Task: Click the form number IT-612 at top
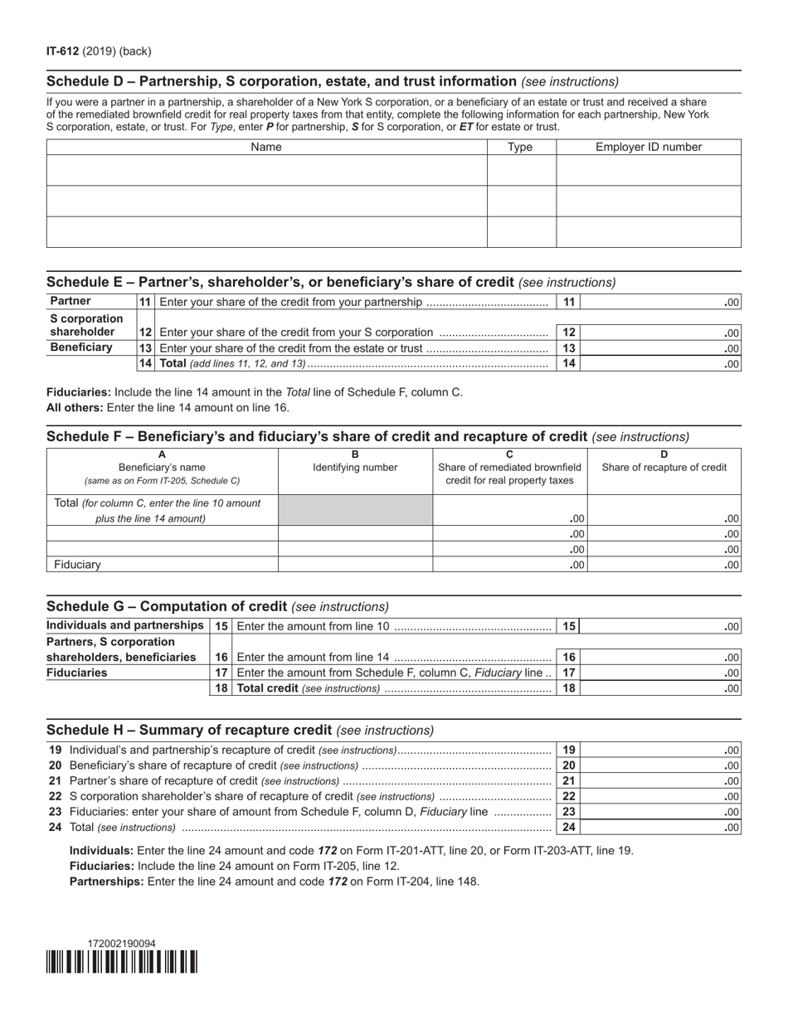(62, 51)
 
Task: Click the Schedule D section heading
(281, 81)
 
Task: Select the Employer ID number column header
(648, 147)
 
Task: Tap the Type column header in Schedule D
(520, 147)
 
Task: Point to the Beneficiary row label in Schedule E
(80, 347)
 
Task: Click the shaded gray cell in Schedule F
(355, 510)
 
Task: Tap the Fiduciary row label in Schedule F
(77, 565)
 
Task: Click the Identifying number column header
(355, 467)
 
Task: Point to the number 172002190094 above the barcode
(121, 943)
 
